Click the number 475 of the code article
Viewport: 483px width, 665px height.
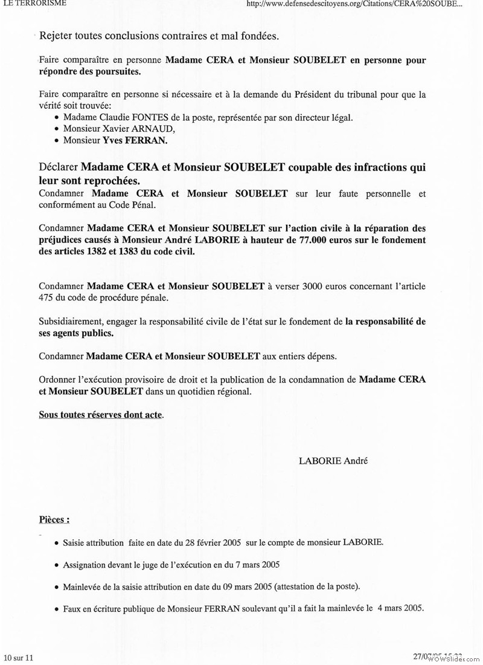(x=47, y=297)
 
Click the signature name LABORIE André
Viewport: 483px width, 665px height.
(x=333, y=461)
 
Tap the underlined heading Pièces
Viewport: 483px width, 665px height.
(x=54, y=519)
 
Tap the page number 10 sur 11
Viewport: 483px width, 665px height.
(x=19, y=657)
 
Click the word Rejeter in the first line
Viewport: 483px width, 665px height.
(x=57, y=36)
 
